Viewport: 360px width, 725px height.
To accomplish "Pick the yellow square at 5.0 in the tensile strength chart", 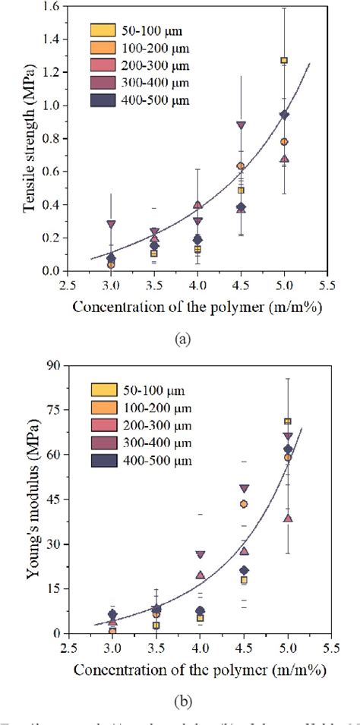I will point(284,60).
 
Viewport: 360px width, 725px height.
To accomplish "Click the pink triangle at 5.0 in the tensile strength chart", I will point(285,159).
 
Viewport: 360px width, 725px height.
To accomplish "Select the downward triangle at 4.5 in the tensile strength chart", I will point(241,125).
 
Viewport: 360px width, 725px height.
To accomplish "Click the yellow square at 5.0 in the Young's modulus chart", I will point(288,421).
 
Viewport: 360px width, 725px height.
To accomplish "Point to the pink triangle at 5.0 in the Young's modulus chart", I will point(288,519).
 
